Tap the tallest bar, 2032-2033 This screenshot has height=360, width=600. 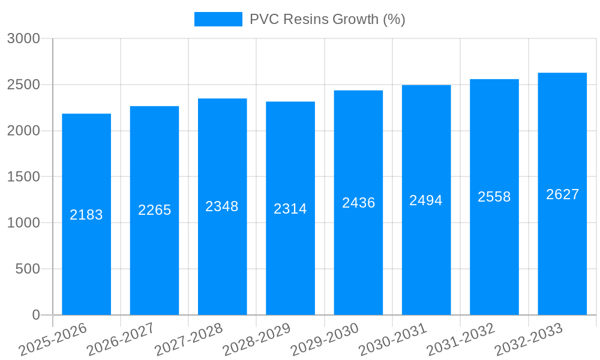point(562,252)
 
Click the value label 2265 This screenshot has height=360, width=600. point(155,210)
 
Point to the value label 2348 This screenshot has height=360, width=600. point(222,206)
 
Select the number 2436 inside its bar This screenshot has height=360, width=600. point(359,203)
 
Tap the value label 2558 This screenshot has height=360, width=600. point(494,197)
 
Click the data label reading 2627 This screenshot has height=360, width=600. point(563,194)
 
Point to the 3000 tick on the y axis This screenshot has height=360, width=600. point(23,39)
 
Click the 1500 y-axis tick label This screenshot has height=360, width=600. point(23,177)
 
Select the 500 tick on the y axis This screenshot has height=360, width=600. point(28,269)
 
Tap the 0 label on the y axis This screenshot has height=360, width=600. point(35,315)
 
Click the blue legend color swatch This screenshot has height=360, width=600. point(218,19)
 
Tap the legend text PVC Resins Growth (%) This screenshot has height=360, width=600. point(328,19)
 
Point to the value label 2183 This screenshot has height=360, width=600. point(86,215)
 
